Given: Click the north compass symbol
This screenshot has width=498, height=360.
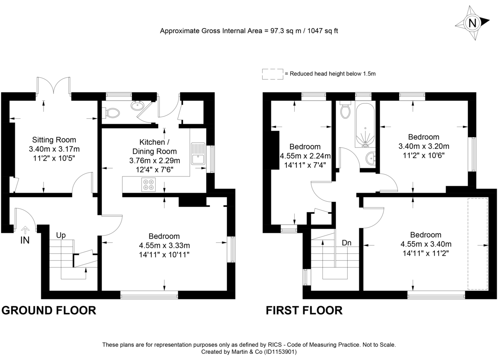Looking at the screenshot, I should tap(472, 23).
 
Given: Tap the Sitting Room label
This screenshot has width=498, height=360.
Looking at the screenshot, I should tap(54, 140).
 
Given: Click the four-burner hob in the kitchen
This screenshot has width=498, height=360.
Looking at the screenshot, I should tap(148, 184).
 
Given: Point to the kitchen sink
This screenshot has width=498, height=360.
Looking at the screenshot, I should tap(197, 154).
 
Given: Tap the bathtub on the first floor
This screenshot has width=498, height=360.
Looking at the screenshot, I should tap(365, 124).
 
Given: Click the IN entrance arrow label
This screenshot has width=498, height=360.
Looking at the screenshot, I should tap(25, 240).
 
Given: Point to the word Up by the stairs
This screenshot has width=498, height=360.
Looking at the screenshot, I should tap(61, 235).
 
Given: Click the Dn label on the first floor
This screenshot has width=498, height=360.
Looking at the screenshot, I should tap(347, 243).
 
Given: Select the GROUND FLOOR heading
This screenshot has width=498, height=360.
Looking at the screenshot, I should tap(49, 310).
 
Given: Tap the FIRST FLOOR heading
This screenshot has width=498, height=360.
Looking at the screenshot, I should tap(304, 310).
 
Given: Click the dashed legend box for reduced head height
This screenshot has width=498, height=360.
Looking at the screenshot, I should tap(272, 74).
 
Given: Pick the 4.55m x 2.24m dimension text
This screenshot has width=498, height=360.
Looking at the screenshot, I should tap(305, 156).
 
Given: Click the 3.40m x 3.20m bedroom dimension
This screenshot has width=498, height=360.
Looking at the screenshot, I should tap(424, 146).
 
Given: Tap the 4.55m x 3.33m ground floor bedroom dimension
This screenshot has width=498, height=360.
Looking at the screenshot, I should tap(165, 245).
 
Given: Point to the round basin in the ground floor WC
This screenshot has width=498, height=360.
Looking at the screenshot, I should tap(137, 106).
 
